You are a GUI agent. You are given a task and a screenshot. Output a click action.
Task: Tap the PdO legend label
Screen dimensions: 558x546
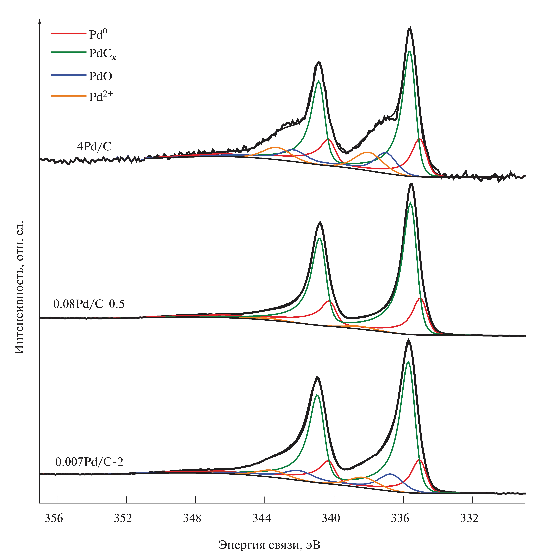coord(100,76)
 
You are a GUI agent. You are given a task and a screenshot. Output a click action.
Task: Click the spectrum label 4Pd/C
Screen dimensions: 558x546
coord(94,147)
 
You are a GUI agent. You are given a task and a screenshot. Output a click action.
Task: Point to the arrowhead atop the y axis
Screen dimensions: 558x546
coord(40,21)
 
